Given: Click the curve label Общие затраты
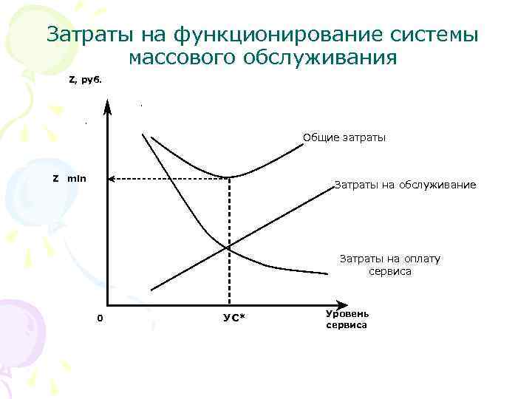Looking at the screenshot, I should pos(344,137).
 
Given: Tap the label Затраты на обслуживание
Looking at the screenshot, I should pos(405,184).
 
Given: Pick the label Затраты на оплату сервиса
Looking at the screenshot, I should pos(389,265).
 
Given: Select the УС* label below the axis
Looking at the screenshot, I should pos(234,318).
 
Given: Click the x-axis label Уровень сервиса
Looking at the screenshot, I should pos(346,319).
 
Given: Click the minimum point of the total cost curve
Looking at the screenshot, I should pos(229,177).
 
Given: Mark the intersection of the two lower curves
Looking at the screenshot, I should pos(229,247).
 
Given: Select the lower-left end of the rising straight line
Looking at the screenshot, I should pos(151,290).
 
